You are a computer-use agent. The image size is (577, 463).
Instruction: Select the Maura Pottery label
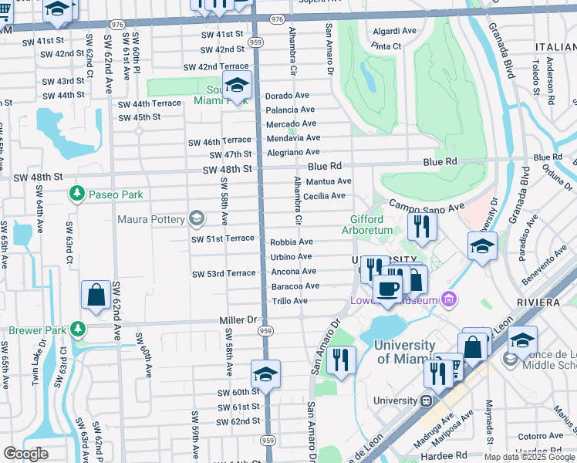tap(151, 219)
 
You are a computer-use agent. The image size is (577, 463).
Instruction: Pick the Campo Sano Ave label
tap(426, 206)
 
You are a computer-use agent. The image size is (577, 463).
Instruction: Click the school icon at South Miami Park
tap(237, 86)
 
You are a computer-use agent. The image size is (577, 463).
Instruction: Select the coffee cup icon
tap(387, 289)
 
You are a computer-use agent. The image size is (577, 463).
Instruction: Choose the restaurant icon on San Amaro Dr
tap(340, 359)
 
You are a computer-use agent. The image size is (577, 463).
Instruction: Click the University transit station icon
tap(425, 400)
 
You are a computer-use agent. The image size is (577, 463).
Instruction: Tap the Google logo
tap(25, 454)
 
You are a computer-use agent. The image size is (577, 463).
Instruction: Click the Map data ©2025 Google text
tap(529, 457)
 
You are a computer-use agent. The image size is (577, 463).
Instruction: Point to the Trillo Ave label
tap(289, 301)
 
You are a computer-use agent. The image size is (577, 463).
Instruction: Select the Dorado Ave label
tap(287, 96)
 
